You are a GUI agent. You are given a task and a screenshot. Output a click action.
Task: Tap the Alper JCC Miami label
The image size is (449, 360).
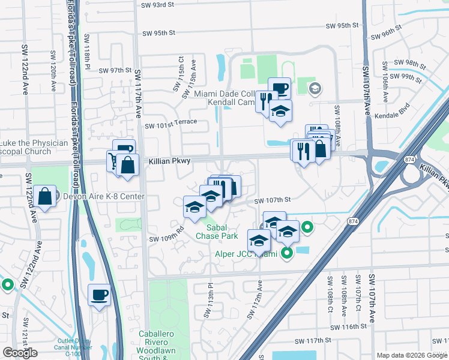click(x=247, y=254)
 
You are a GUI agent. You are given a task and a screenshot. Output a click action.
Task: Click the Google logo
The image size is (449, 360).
click(x=20, y=353)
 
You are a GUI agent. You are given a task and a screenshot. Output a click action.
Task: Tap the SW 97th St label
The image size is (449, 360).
click(x=115, y=70)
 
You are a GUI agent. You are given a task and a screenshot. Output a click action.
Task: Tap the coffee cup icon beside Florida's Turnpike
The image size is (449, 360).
click(x=99, y=295)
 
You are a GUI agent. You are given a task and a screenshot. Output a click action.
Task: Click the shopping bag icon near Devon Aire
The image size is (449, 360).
click(x=45, y=196)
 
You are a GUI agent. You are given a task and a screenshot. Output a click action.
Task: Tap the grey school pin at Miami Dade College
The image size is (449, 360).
click(x=314, y=89)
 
